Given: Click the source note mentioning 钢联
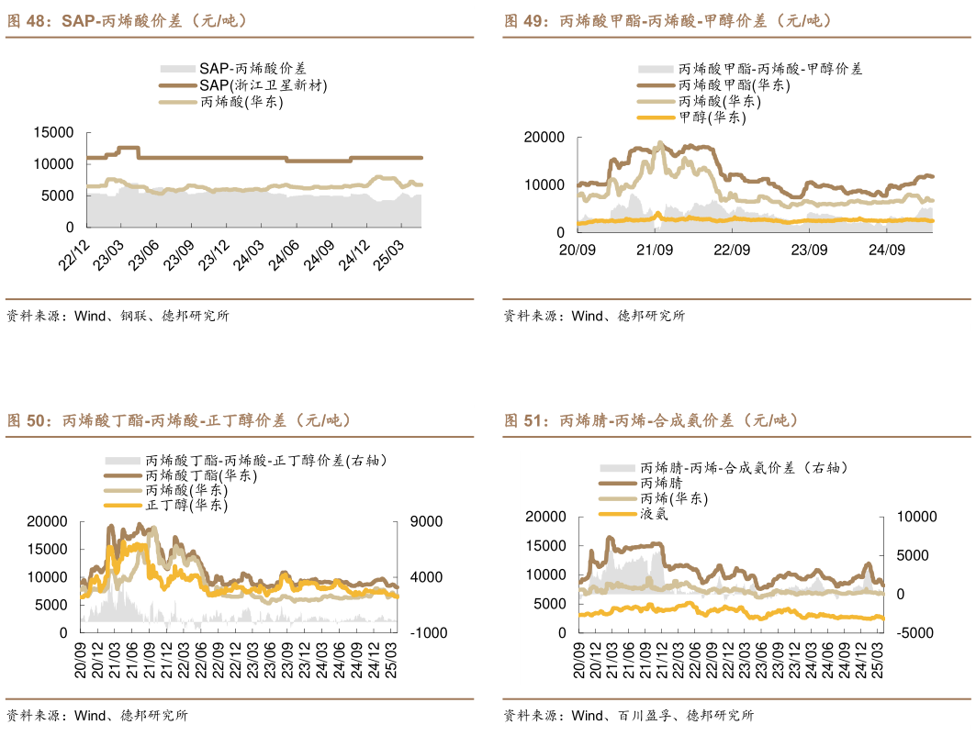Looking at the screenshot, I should click(117, 316).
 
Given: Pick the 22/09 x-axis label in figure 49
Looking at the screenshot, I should click(732, 250).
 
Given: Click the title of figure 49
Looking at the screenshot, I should click(667, 20).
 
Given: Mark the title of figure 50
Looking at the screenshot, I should click(179, 420).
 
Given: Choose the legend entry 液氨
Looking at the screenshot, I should click(654, 514).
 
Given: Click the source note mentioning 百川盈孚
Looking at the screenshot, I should click(628, 715).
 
